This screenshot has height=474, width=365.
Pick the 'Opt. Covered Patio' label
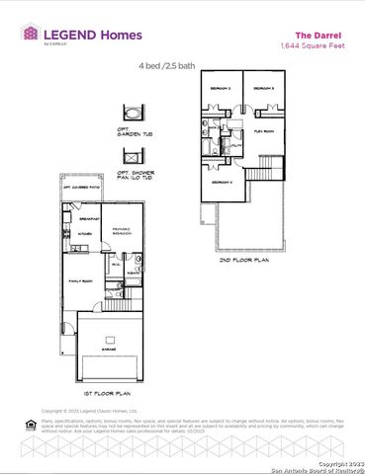coord(82,188)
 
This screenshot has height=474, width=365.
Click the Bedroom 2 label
coord(220,88)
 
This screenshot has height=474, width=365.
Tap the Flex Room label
coord(263,129)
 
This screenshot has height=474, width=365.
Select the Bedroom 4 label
coord(220,182)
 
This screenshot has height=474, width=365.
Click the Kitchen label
coord(84,234)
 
